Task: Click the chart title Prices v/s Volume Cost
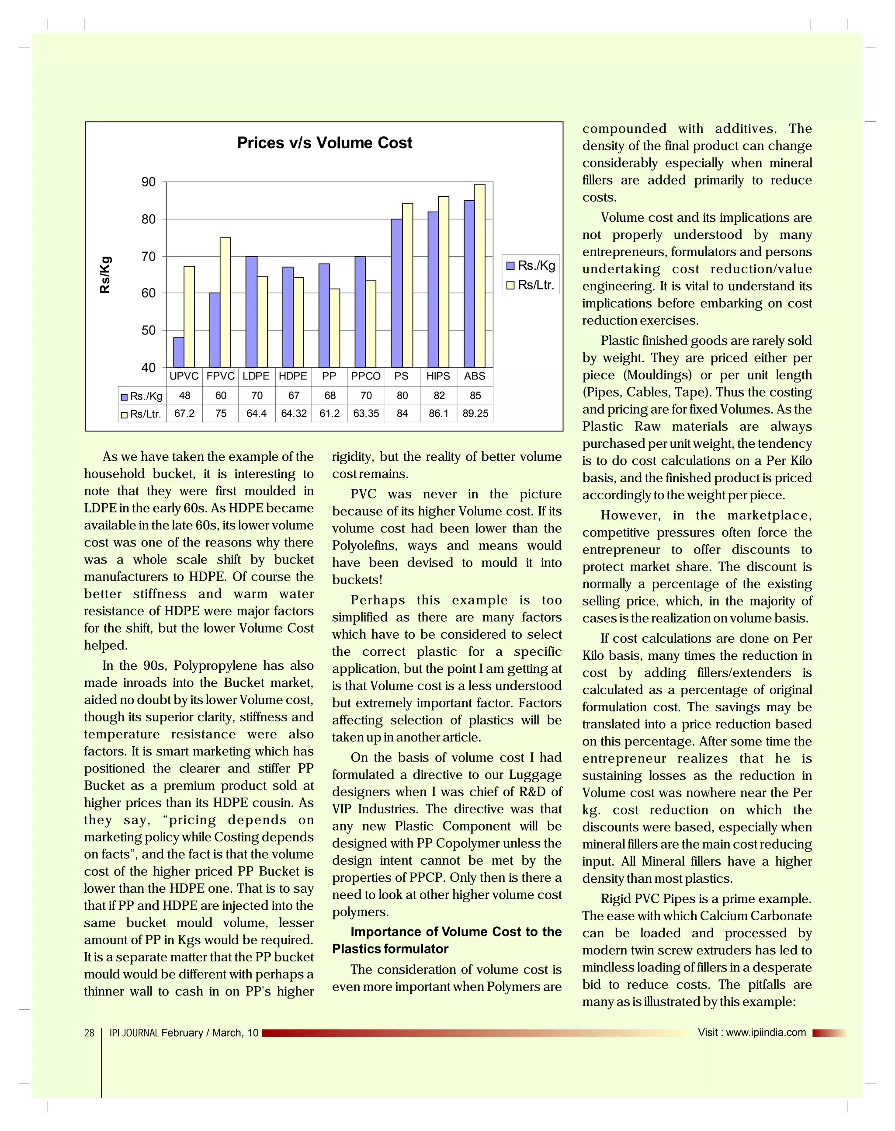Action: click(324, 143)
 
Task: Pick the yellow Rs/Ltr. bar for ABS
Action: click(479, 275)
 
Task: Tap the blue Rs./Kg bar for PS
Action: click(397, 293)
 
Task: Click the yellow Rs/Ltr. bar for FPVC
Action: click(225, 303)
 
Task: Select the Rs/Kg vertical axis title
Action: click(105, 275)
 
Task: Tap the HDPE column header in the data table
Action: click(293, 376)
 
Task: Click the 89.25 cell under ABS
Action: click(475, 414)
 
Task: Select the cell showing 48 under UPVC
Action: click(184, 396)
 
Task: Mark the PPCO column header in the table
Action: click(366, 376)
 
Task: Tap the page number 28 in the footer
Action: click(89, 1033)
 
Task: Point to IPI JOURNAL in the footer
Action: click(134, 1033)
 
